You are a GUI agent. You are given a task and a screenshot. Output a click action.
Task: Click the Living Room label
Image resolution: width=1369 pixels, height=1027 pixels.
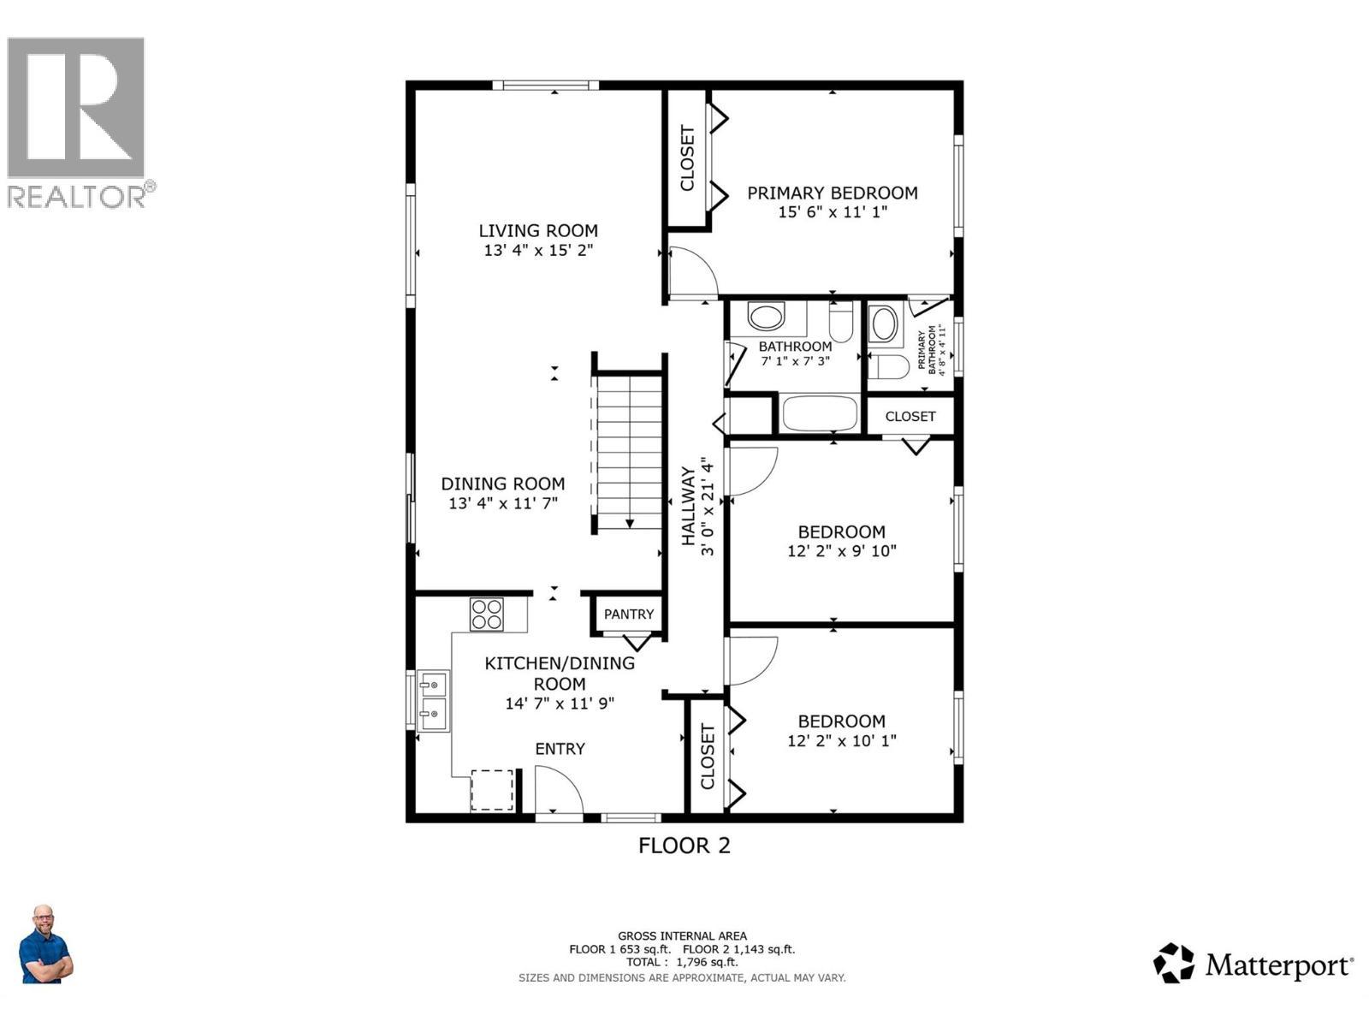click(537, 230)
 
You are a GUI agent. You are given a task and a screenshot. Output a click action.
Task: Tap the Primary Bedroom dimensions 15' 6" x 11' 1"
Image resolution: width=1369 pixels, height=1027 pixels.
click(832, 212)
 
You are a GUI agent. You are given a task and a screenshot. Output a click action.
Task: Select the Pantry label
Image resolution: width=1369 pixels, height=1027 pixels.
click(628, 614)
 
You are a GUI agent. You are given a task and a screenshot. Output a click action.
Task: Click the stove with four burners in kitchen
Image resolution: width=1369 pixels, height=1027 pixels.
click(487, 614)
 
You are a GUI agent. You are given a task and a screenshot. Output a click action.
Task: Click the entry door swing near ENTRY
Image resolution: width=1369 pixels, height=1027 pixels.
click(557, 787)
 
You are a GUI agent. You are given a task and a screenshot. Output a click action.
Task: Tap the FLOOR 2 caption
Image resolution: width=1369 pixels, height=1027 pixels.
click(684, 846)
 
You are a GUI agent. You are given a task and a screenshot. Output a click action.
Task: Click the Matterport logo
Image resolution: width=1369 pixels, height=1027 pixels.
click(1253, 965)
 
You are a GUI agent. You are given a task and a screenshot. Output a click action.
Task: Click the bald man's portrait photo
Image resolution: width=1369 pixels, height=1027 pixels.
click(45, 945)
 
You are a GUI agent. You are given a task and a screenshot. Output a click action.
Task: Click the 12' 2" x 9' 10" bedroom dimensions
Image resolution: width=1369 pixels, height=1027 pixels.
click(841, 551)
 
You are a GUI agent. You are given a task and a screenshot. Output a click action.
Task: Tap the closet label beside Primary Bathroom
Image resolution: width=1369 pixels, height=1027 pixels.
click(910, 417)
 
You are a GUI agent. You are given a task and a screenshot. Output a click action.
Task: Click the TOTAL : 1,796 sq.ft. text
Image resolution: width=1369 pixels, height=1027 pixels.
click(681, 962)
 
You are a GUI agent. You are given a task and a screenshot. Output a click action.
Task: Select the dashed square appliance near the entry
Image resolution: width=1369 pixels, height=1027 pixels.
click(492, 789)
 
